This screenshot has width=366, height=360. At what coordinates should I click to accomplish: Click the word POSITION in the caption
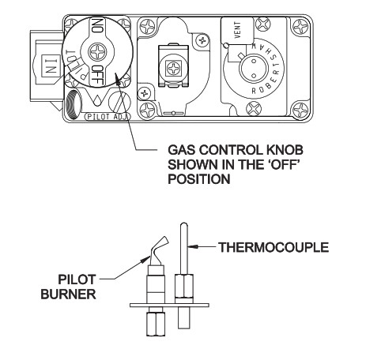194,178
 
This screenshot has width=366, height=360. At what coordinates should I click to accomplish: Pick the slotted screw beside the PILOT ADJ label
121,101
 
